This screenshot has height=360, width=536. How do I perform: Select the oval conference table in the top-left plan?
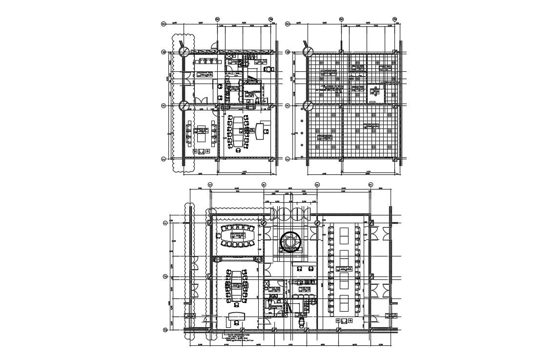tap(238, 130)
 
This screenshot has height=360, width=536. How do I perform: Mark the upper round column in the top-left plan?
tap(184, 52)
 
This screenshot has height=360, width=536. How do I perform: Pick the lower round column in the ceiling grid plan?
tap(308, 105)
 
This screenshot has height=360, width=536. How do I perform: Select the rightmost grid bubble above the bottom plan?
tap(370, 185)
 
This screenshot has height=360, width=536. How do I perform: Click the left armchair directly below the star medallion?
tap(298, 268)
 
